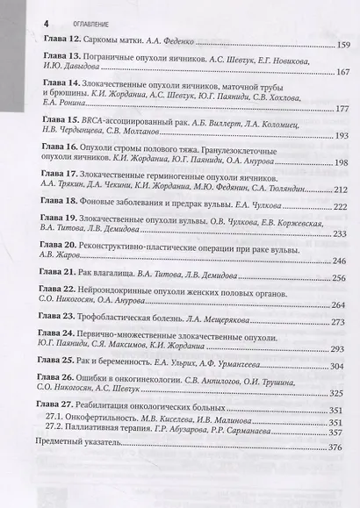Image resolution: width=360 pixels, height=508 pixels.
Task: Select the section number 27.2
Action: (x=59, y=432)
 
